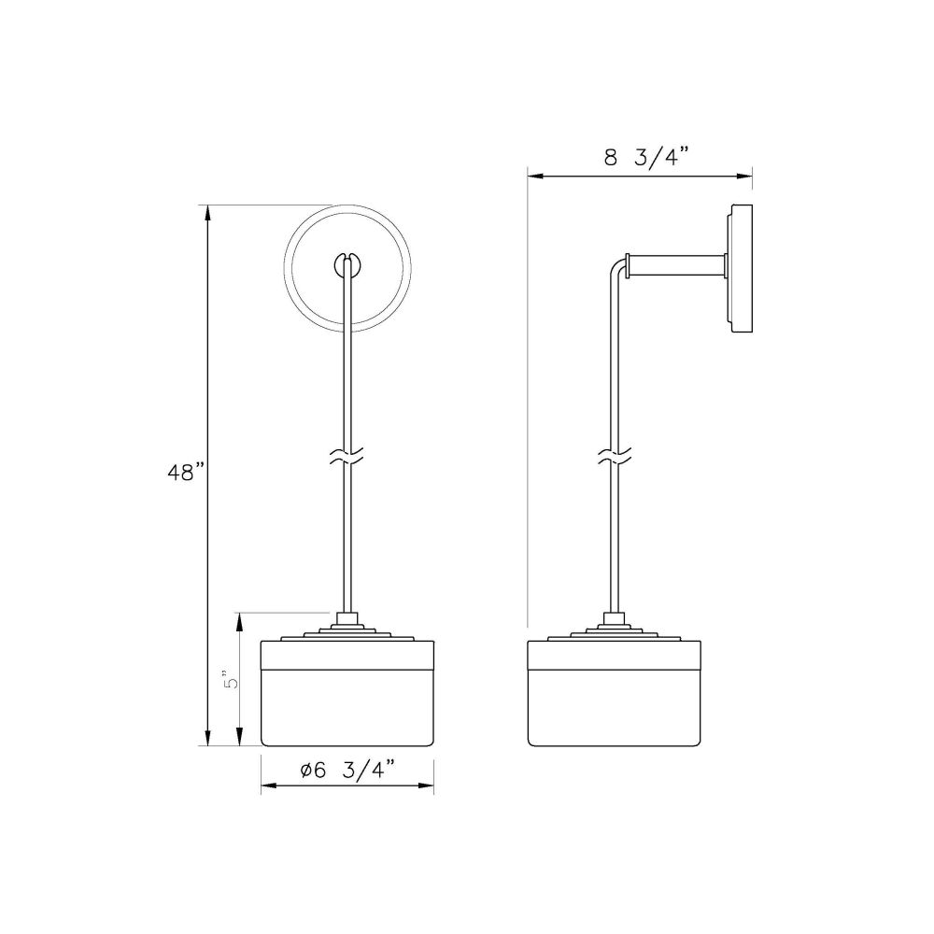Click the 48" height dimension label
(186, 473)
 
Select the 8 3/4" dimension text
(645, 159)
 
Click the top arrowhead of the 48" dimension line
(207, 213)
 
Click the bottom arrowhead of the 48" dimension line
(207, 738)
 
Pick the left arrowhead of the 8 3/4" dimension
(535, 176)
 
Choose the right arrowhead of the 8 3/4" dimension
(744, 176)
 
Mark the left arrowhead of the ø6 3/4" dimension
(269, 786)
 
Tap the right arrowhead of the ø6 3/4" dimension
(425, 786)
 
